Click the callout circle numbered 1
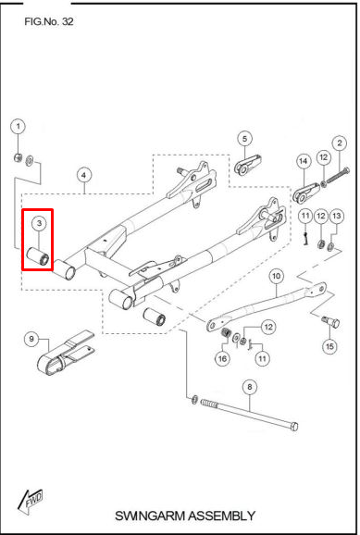19,127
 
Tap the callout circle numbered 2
340,143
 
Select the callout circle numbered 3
39,223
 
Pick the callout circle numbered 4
84,175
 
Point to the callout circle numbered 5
244,139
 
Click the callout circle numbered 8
250,387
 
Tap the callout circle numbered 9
31,339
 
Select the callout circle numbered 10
277,276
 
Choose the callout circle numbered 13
337,216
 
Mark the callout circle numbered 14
304,161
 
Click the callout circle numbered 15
329,347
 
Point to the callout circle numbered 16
222,358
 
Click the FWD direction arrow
30,500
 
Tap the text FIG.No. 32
49,21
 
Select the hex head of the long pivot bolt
294,426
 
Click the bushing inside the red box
39,256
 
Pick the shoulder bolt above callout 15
330,321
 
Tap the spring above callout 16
226,332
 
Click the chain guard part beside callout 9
65,353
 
